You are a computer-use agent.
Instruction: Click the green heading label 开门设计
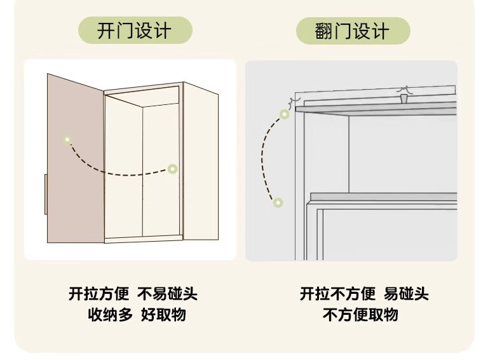click(134, 31)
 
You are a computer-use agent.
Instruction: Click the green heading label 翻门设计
click(352, 31)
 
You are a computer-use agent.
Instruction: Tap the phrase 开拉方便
click(98, 294)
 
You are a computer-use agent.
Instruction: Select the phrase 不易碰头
click(168, 294)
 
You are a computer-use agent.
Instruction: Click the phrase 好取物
click(163, 314)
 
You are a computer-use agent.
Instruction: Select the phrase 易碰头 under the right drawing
click(406, 294)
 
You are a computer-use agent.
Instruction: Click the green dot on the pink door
click(67, 139)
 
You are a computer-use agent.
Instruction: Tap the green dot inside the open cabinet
click(172, 169)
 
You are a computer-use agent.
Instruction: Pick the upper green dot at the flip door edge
click(284, 114)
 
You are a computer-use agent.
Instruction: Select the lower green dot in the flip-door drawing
click(278, 202)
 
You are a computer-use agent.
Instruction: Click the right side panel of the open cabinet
click(201, 162)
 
